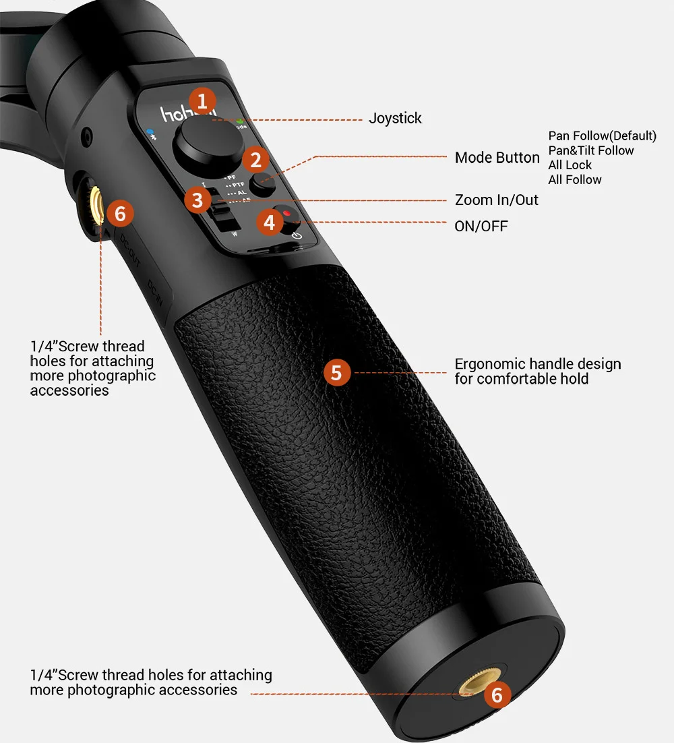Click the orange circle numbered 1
coord(202,101)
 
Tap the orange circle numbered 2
coord(255,160)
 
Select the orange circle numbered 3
coord(197,200)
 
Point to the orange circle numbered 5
coord(337,372)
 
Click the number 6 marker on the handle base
coord(497,694)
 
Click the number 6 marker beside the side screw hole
coord(120,214)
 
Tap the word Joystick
coord(395,119)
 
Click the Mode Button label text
coord(497,158)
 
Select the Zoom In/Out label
coord(497,200)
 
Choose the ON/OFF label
coord(481,227)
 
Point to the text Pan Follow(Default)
coord(602,137)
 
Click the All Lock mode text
coord(570,165)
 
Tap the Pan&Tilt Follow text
coord(591,151)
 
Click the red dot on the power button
coord(286,214)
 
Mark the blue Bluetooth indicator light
coord(151,133)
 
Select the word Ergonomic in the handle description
coord(490,365)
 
